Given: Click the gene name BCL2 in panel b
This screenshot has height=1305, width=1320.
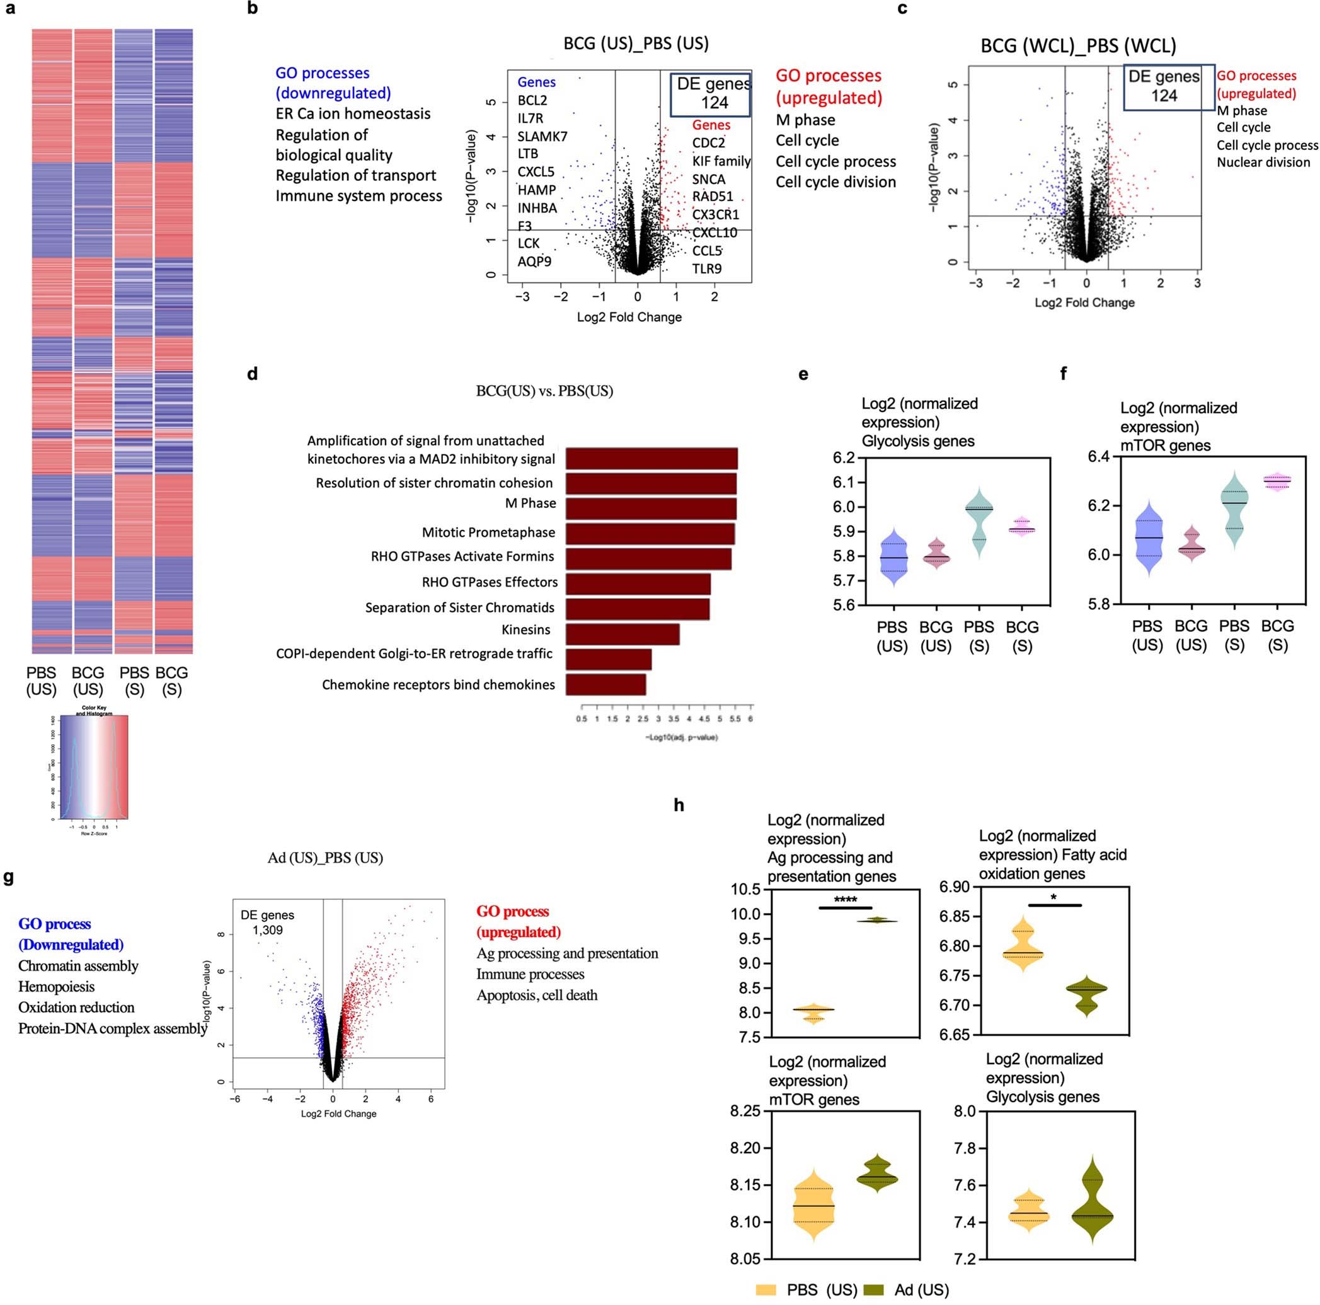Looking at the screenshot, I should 532,100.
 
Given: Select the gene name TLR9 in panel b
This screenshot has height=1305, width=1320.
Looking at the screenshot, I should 706,268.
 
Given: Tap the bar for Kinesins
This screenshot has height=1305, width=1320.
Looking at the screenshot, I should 623,634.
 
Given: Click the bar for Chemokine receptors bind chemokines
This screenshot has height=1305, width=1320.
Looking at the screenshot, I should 605,684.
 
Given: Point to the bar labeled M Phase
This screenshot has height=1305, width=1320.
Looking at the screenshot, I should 650,509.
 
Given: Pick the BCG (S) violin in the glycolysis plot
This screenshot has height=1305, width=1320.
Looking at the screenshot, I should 1021,527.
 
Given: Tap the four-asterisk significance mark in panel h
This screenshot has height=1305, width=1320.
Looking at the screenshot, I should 845,899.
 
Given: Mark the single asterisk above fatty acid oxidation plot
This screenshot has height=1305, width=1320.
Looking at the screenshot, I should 1054,897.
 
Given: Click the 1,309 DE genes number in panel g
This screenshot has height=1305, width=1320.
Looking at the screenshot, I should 267,930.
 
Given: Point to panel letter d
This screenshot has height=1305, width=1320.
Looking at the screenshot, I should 252,374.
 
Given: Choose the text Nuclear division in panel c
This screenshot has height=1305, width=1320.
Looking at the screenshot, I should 1263,163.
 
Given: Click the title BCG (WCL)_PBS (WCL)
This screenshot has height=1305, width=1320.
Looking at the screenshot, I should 1078,46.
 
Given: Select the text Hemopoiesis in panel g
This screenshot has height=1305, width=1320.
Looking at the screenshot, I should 56,986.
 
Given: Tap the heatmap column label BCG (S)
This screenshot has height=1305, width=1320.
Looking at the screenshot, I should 171,681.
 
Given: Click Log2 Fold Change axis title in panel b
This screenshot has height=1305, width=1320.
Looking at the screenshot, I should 629,317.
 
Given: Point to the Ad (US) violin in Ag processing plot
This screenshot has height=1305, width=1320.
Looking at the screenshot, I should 877,921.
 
